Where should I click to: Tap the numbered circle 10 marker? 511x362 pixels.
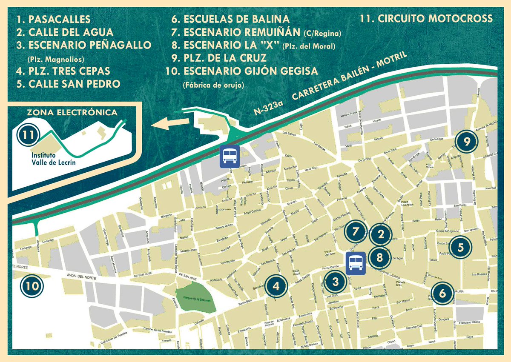[32, 286]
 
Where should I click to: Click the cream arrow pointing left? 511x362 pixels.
[170, 123]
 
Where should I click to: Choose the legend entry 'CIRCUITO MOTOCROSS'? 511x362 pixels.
[426, 19]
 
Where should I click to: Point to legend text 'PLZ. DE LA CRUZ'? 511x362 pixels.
[219, 58]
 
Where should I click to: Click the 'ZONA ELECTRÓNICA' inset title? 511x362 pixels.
[72, 113]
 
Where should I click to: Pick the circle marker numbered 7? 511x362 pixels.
[356, 232]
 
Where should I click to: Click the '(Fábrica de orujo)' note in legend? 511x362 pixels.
[213, 85]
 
